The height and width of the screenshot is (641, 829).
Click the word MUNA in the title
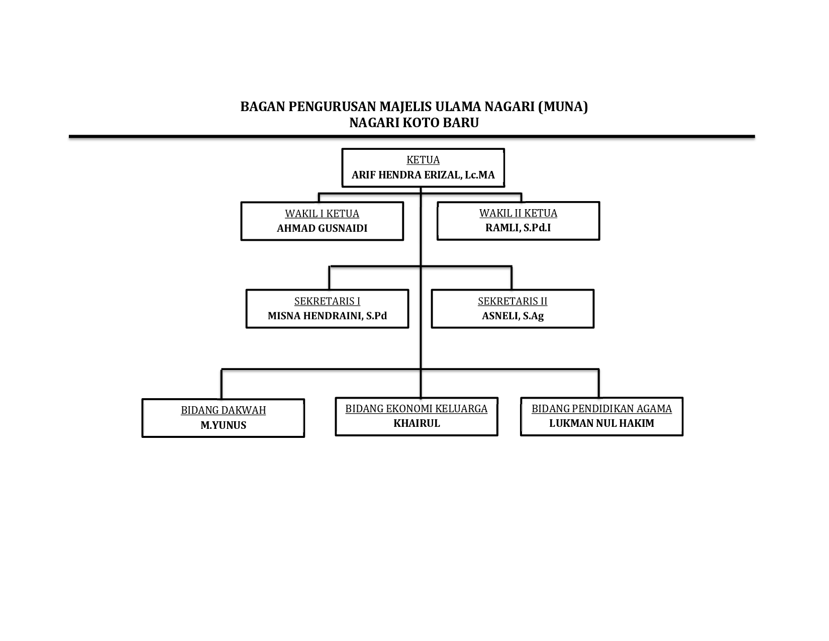563,107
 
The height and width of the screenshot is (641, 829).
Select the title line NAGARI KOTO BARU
414,123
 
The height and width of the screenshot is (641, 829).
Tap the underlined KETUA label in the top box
423,159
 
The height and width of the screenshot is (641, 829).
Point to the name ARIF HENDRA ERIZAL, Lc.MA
423,175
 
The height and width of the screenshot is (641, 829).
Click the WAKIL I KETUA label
322,213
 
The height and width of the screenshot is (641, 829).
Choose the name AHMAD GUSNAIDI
322,228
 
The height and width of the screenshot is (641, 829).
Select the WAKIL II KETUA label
518,213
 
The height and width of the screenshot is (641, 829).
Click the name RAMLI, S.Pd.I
518,228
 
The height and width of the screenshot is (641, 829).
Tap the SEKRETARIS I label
327,301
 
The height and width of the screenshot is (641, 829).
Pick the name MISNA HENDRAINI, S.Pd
327,316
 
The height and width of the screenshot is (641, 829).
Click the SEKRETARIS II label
512,301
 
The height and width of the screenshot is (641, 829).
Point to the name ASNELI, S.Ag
513,316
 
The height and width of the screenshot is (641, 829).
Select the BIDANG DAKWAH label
223,410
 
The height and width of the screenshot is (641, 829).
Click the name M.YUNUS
223,425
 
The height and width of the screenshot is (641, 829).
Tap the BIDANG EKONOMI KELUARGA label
416,409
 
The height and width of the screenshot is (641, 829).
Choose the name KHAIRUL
417,423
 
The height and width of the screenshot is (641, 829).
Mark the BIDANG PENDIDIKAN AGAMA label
601,409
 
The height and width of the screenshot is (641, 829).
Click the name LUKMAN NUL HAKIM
601,423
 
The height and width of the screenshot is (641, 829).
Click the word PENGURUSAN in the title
332,107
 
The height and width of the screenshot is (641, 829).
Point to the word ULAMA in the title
458,107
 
